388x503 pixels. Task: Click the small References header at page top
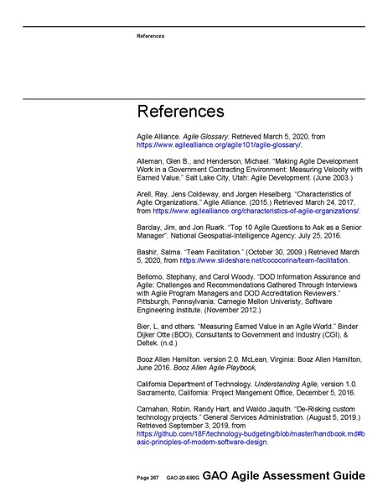coord(151,36)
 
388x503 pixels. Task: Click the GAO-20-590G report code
coord(182,478)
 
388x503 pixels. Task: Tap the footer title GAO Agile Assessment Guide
coord(283,476)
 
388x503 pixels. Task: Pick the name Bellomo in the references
coord(152,276)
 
